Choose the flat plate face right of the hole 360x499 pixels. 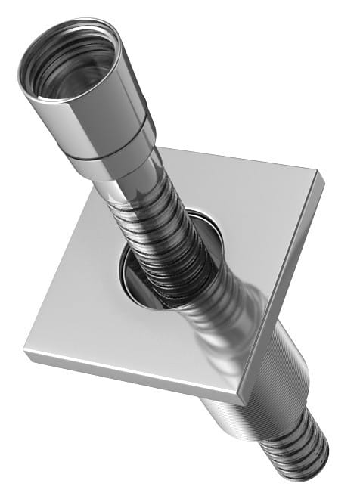coord(257,212)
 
